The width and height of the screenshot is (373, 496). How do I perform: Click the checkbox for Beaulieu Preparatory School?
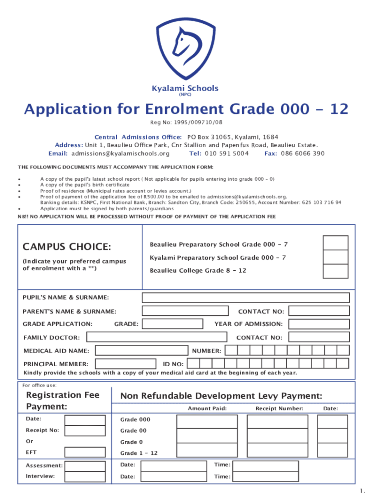335,243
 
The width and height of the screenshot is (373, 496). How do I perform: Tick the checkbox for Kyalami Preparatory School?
335,257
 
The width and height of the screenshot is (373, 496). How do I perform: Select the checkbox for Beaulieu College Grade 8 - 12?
335,271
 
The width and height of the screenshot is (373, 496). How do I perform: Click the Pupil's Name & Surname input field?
246,297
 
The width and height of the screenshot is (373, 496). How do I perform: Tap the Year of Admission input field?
319,324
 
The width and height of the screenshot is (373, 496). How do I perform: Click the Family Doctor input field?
156,337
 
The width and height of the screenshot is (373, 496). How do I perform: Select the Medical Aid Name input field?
141,350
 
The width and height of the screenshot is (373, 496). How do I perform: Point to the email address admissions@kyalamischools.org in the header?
121,154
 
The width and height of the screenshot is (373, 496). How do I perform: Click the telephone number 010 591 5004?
226,154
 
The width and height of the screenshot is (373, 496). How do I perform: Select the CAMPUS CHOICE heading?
67,247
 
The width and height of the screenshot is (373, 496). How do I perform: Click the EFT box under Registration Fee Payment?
85,452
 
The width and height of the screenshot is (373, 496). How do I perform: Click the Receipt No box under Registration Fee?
85,431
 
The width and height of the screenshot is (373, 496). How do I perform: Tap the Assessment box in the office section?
85,466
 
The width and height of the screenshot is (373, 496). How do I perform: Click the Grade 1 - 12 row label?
139,453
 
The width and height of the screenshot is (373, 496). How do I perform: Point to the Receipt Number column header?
279,409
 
